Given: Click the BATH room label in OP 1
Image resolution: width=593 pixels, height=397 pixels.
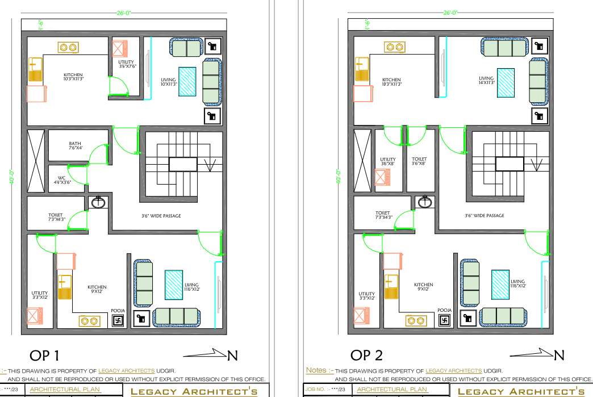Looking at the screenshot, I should [x=76, y=146].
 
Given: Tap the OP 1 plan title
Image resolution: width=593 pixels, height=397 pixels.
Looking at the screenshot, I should [x=43, y=356].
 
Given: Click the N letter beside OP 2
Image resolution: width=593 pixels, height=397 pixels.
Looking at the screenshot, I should [x=559, y=356].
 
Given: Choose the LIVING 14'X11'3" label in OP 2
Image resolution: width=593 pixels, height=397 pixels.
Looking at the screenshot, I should [x=487, y=81].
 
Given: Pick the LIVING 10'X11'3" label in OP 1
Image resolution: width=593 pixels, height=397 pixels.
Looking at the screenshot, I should [x=168, y=82].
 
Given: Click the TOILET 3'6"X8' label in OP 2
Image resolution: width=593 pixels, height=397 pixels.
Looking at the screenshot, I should [x=419, y=161].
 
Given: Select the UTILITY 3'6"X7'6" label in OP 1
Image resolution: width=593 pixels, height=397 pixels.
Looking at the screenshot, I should [x=126, y=64].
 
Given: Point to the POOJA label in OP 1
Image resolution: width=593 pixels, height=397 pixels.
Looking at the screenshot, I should [x=118, y=311].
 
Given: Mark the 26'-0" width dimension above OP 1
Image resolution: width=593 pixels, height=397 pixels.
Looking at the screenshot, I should [x=122, y=12].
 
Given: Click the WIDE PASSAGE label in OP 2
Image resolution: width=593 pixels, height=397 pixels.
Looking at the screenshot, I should [x=485, y=216].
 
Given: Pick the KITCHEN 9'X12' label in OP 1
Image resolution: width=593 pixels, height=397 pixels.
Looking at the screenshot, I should [x=97, y=289].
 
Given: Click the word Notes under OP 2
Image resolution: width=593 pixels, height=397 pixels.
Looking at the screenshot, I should [x=316, y=370].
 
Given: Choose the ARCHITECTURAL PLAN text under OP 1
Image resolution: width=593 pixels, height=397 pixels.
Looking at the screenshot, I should [x=65, y=390].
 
